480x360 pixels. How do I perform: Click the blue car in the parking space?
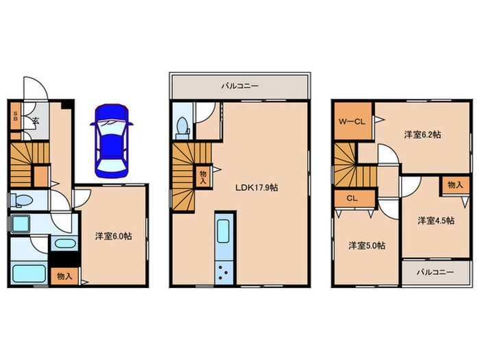(112, 141)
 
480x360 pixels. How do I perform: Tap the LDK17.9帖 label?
(256, 188)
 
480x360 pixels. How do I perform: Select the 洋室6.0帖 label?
(113, 236)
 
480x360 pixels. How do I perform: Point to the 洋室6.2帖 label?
(422, 134)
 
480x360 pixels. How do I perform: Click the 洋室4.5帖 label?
(436, 220)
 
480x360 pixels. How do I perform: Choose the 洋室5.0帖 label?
(367, 245)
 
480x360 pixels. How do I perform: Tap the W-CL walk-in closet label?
(352, 121)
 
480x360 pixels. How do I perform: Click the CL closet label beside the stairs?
(352, 198)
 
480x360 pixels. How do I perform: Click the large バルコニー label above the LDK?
(240, 86)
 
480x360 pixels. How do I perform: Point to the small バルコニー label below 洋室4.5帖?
(435, 272)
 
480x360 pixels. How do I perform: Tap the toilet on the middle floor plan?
(182, 129)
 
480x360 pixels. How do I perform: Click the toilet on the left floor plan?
(21, 200)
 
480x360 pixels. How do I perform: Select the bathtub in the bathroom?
(29, 274)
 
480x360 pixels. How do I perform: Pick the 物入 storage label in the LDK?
(203, 178)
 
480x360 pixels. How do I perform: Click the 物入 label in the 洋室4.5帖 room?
(455, 184)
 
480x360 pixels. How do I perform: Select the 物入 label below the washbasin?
(64, 276)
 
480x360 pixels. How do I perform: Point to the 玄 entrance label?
(36, 120)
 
